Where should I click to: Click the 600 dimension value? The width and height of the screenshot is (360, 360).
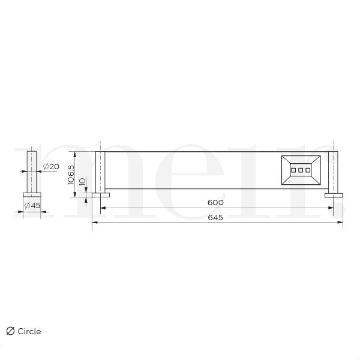pos(215,202)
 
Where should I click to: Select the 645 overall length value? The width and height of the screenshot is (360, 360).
pos(215,217)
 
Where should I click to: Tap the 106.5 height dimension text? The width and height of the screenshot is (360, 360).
pos(71,173)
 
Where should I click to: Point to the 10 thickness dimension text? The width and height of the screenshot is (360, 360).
pos(83,182)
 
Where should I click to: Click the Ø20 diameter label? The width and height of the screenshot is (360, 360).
pos(50,166)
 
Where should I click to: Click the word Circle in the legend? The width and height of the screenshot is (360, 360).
pos(29,331)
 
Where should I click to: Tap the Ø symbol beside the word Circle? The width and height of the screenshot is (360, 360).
pos(10,331)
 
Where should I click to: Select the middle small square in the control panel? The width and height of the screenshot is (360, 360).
pos(301,170)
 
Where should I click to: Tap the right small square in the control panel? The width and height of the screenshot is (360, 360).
pos(308,170)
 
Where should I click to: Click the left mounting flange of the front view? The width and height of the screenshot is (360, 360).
pos(100,195)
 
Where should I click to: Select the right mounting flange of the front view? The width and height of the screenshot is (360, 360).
pos(334,195)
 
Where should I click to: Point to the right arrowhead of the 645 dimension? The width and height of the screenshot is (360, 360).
pos(341,223)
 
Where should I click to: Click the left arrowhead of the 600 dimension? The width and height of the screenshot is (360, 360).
pos(103,208)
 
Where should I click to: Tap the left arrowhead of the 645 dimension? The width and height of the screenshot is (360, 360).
pos(94,223)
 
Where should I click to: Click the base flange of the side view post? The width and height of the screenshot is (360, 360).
pos(31,194)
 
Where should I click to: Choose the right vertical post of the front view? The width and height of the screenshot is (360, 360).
pos(333,172)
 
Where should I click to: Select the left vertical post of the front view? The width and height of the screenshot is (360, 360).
pos(100,172)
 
